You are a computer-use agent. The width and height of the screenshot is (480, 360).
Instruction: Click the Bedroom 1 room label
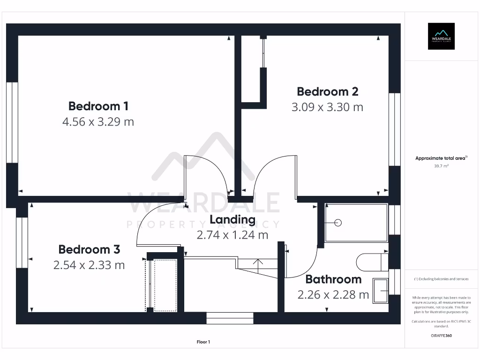[x=98, y=105]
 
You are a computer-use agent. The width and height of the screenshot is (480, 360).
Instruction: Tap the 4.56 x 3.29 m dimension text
[x=98, y=122]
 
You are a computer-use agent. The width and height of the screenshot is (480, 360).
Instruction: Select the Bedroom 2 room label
[x=327, y=91]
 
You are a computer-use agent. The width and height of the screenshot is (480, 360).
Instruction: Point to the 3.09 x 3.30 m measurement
[x=327, y=107]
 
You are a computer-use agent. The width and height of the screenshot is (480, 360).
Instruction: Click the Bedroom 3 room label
[x=89, y=249]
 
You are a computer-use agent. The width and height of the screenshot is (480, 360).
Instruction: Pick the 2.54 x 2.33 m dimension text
[x=89, y=265]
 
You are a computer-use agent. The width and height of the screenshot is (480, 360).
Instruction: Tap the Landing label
[x=232, y=219]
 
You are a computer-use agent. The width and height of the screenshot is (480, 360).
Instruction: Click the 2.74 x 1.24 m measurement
[x=232, y=235]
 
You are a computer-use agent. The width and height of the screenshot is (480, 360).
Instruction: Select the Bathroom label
[x=333, y=279]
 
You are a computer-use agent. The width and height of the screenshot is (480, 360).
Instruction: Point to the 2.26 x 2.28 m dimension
[x=333, y=295]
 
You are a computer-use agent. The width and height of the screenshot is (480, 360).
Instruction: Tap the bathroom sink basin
[x=380, y=291]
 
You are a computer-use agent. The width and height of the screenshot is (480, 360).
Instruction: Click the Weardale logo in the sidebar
[x=441, y=36]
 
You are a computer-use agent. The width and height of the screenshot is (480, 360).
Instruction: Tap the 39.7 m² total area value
[x=441, y=165]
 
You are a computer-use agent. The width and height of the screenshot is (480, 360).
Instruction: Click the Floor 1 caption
[x=203, y=342]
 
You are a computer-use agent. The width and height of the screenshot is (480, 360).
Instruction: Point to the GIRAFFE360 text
[x=441, y=336]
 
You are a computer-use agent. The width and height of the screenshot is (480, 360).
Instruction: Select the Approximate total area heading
[x=441, y=158]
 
